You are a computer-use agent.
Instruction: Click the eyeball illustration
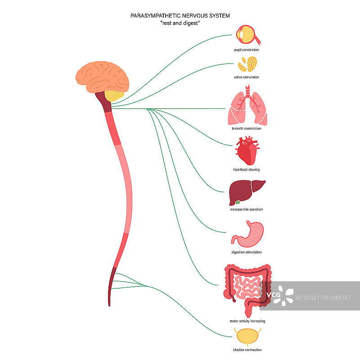click(x=247, y=35)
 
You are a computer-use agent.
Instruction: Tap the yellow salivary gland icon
click(x=248, y=64)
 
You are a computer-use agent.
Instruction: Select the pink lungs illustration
click(x=248, y=108)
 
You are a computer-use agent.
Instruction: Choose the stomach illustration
click(x=248, y=234)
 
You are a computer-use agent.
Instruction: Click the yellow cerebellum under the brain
click(x=115, y=96)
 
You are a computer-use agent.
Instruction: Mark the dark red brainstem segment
click(x=106, y=103)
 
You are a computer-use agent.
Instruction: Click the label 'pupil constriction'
click(x=247, y=50)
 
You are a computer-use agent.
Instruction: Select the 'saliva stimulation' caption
click(x=247, y=77)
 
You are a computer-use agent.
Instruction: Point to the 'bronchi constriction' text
click(x=247, y=128)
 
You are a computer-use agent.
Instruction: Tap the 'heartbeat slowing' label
click(x=247, y=170)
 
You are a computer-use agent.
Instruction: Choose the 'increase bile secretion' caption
click(x=247, y=209)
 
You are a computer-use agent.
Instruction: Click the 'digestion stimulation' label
click(x=247, y=252)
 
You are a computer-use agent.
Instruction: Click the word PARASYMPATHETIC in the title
click(x=155, y=16)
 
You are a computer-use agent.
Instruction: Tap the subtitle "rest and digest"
click(x=180, y=23)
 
